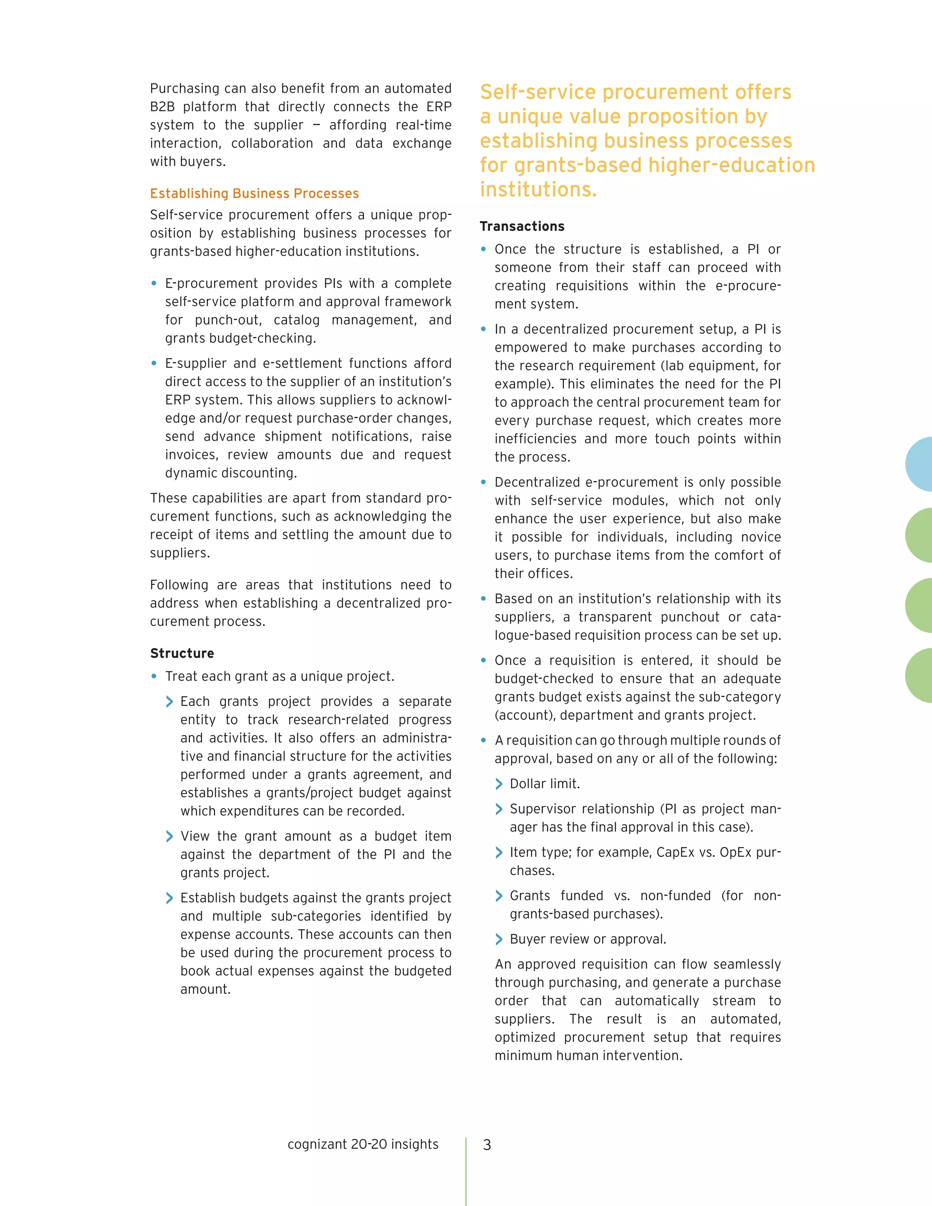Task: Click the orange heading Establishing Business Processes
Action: [x=254, y=193]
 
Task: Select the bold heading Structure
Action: [x=182, y=653]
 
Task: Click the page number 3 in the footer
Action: [x=486, y=1145]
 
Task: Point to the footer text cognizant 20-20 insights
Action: [x=363, y=1144]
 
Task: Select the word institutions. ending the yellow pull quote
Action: [x=538, y=189]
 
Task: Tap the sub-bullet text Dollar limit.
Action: [x=544, y=784]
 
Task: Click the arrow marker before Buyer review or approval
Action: [x=499, y=939]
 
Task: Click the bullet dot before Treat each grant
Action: [x=154, y=676]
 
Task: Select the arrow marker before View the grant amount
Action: [x=169, y=836]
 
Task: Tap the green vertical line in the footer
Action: [x=466, y=1171]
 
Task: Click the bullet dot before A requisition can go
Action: [x=484, y=740]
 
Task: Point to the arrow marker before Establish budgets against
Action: [x=169, y=898]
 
